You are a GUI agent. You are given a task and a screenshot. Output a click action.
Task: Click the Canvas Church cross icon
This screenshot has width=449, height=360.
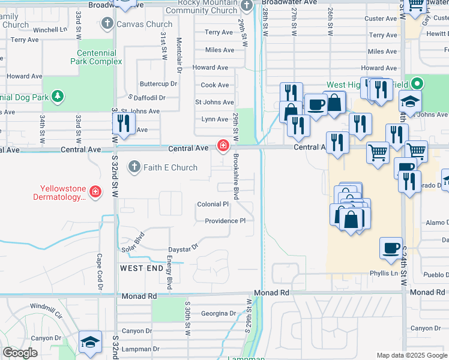pyautogui.click(x=107, y=24)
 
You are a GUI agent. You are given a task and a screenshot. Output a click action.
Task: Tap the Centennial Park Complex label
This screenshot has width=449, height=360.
pyautogui.click(x=96, y=57)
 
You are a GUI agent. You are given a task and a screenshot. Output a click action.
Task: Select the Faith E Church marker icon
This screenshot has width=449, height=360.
pyautogui.click(x=134, y=167)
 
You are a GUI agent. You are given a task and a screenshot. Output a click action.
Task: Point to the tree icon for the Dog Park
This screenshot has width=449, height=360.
pyautogui.click(x=57, y=96)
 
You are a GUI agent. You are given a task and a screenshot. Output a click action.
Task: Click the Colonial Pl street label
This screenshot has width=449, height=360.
pyautogui.click(x=213, y=205)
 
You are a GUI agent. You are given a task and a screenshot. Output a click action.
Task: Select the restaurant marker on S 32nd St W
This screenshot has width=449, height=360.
pyautogui.click(x=122, y=123)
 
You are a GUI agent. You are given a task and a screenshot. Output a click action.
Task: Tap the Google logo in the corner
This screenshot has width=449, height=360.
pyautogui.click(x=20, y=353)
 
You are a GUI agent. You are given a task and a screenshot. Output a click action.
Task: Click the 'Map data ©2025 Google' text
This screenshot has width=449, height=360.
pyautogui.click(x=411, y=355)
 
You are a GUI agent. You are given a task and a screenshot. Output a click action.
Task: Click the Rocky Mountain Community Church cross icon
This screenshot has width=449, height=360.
pyautogui.click(x=246, y=6)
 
